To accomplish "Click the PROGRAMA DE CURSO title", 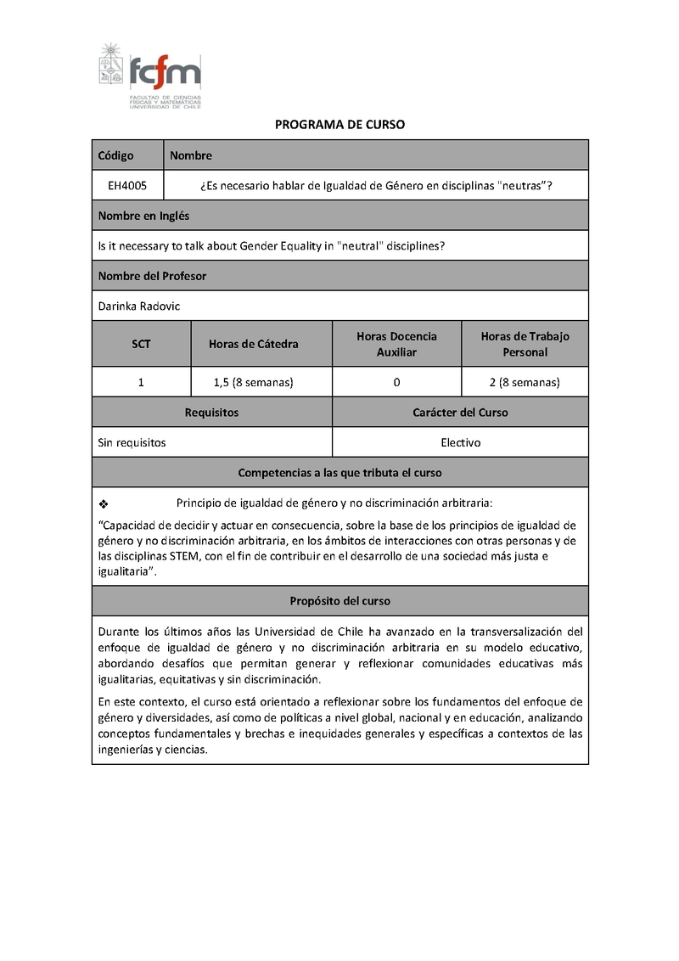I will (x=339, y=125).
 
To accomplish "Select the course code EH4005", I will (x=126, y=185).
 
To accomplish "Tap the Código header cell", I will (x=116, y=155).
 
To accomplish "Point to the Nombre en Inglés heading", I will (x=143, y=216).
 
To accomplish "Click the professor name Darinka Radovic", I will (x=138, y=306).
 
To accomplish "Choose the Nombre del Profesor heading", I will (x=152, y=276).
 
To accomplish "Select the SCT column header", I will (x=141, y=344).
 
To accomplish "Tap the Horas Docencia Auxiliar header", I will (x=396, y=344).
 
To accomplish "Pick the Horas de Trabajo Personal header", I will (x=525, y=344).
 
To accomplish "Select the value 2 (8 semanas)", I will (x=525, y=382).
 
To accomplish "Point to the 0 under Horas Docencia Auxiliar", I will (x=396, y=382).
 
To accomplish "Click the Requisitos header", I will (x=211, y=413).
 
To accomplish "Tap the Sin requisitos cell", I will (x=132, y=442).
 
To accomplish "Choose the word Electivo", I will (x=460, y=442).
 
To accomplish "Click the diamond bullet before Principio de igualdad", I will (x=104, y=503).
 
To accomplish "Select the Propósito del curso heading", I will (x=339, y=600).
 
